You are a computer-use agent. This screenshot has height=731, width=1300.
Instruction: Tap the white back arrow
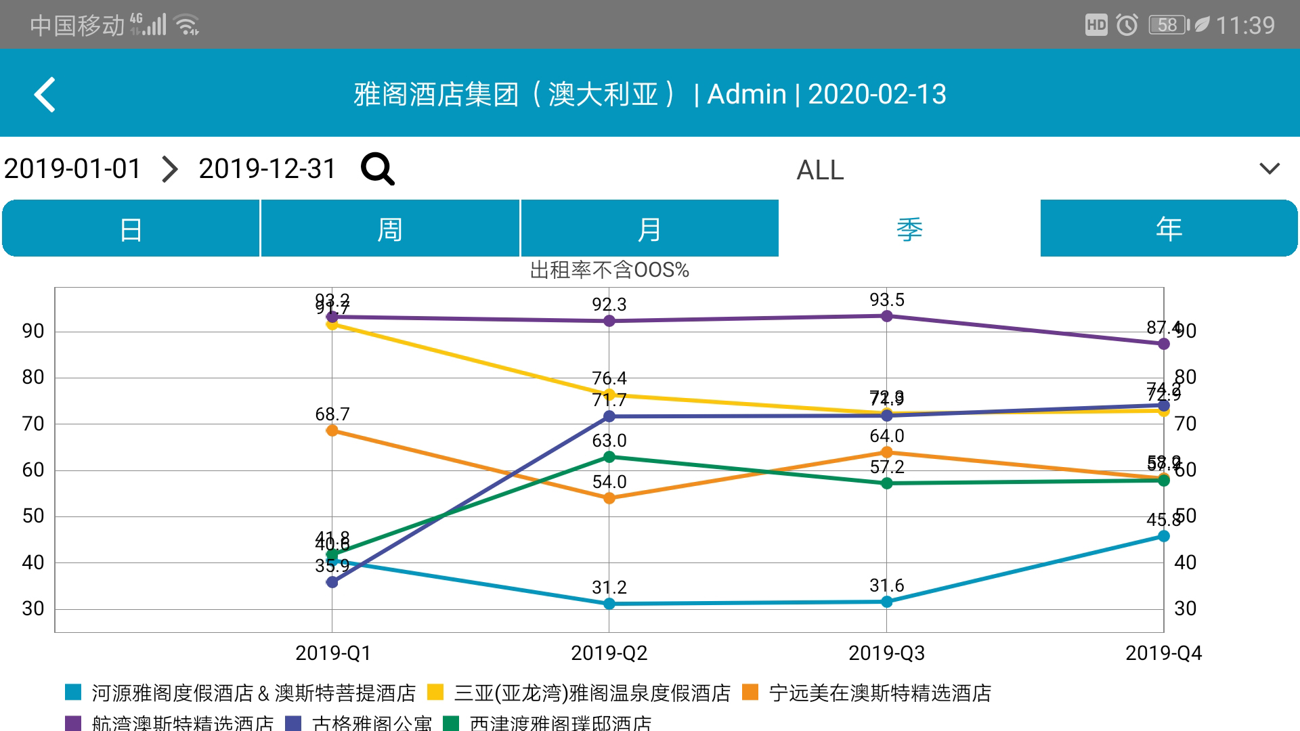tap(45, 94)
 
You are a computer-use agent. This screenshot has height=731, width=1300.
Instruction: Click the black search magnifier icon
tap(377, 169)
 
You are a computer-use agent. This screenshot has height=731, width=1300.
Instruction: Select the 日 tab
tap(131, 229)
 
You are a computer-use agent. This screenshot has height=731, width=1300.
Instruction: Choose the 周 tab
tap(390, 229)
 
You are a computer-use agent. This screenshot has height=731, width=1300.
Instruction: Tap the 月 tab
tap(649, 229)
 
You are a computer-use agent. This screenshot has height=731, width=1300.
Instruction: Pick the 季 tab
tap(909, 229)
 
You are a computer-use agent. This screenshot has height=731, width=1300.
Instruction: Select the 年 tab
tap(1169, 229)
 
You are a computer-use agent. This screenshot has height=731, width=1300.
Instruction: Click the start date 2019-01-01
tap(72, 169)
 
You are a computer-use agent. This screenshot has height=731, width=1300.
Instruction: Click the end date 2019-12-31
tap(267, 169)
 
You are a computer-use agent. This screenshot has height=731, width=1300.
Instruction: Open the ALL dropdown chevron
tap(1270, 169)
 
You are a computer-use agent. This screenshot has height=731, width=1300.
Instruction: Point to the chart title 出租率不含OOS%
tap(609, 270)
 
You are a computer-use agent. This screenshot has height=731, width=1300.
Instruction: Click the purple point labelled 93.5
tap(886, 315)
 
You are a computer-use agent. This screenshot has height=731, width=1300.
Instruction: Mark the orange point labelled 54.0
tap(609, 498)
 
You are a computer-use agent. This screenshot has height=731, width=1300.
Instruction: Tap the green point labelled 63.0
tap(609, 457)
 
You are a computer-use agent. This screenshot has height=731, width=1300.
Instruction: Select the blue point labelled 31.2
tap(609, 603)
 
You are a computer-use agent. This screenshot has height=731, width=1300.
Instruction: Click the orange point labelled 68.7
tap(332, 430)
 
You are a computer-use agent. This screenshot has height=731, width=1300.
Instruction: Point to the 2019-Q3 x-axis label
tap(886, 653)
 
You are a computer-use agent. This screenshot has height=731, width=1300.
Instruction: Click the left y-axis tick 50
tap(33, 516)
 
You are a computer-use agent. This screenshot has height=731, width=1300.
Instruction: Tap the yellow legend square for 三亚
tap(435, 692)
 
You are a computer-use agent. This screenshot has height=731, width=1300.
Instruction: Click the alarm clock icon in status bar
tap(1127, 25)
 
